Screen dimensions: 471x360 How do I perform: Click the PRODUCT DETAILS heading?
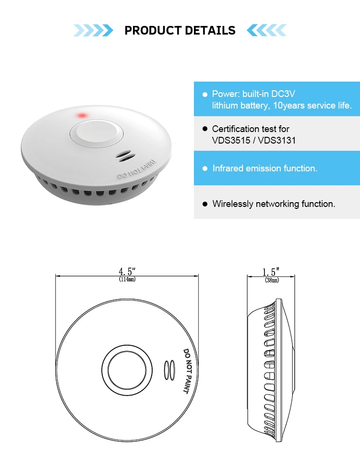pyautogui.click(x=180, y=31)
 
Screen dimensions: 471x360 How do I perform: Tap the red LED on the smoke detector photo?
pyautogui.click(x=82, y=116)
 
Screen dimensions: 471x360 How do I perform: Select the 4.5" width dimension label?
pyautogui.click(x=127, y=272)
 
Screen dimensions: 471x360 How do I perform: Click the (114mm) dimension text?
pyautogui.click(x=127, y=279)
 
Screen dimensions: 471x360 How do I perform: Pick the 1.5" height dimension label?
pyautogui.click(x=271, y=272)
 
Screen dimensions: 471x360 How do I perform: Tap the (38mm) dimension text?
pyautogui.click(x=271, y=280)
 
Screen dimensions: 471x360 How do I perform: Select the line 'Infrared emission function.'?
pyautogui.click(x=265, y=169)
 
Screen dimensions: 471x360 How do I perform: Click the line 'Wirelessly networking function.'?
pyautogui.click(x=274, y=204)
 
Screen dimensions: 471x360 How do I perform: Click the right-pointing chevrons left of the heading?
pyautogui.click(x=93, y=31)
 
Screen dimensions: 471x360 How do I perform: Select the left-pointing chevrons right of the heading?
pyautogui.click(x=267, y=31)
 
